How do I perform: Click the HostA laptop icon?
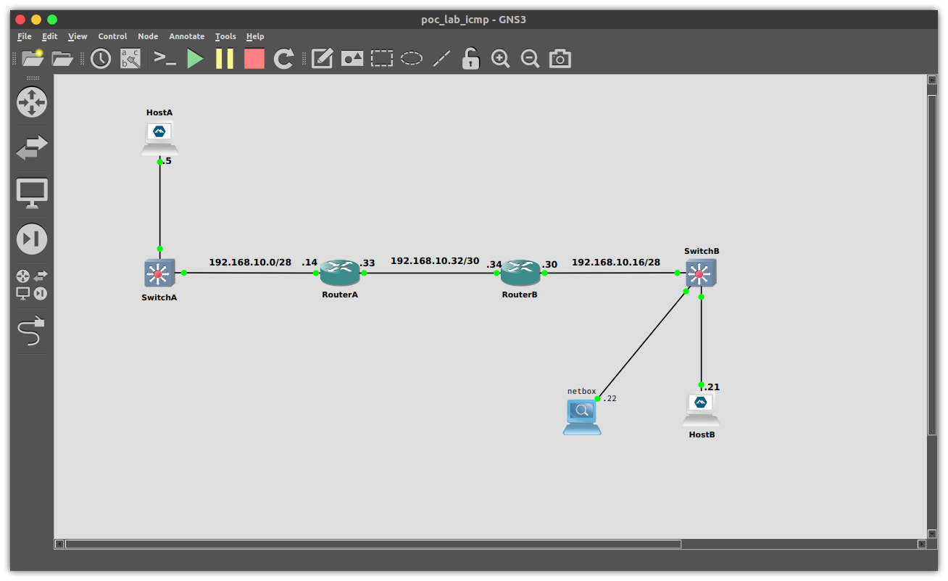[x=159, y=138]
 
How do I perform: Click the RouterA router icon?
[x=340, y=273]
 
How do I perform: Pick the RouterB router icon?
[x=520, y=273]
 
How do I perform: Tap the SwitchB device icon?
[x=701, y=273]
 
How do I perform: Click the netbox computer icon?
[x=582, y=418]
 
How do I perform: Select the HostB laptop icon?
[x=701, y=410]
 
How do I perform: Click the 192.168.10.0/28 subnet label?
[x=250, y=262]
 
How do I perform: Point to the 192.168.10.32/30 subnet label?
[x=435, y=261]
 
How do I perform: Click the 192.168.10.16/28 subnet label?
[x=616, y=262]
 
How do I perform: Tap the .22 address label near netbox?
[x=610, y=398]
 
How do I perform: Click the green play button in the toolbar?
[x=195, y=59]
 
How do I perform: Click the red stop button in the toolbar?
[x=254, y=59]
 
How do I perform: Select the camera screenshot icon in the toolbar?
[x=560, y=59]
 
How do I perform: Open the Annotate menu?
[x=187, y=36]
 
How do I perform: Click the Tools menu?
[x=225, y=36]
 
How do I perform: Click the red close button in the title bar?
[x=20, y=20]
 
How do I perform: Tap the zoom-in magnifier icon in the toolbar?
[x=500, y=59]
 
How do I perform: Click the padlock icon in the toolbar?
[x=471, y=59]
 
